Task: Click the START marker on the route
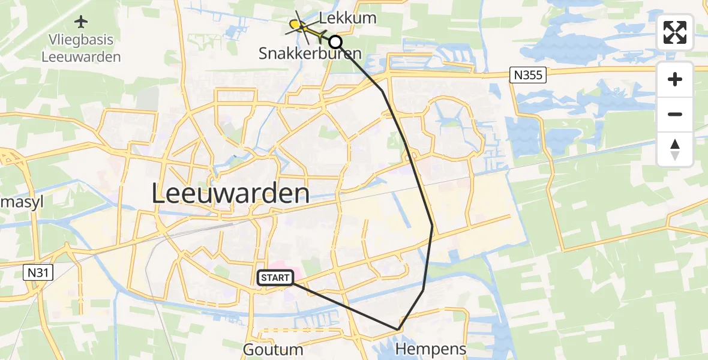pos(275,278)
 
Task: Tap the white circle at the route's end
pos(335,42)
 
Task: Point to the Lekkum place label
pos(348,18)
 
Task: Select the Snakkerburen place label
pos(310,53)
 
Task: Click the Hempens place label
pos(431,349)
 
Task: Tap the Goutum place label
pos(273,349)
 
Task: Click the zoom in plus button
pos(675,79)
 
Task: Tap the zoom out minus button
pos(675,114)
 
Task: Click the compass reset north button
pos(675,149)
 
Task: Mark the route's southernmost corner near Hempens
pos(398,329)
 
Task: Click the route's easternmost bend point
pos(432,225)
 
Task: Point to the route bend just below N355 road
pos(382,91)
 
